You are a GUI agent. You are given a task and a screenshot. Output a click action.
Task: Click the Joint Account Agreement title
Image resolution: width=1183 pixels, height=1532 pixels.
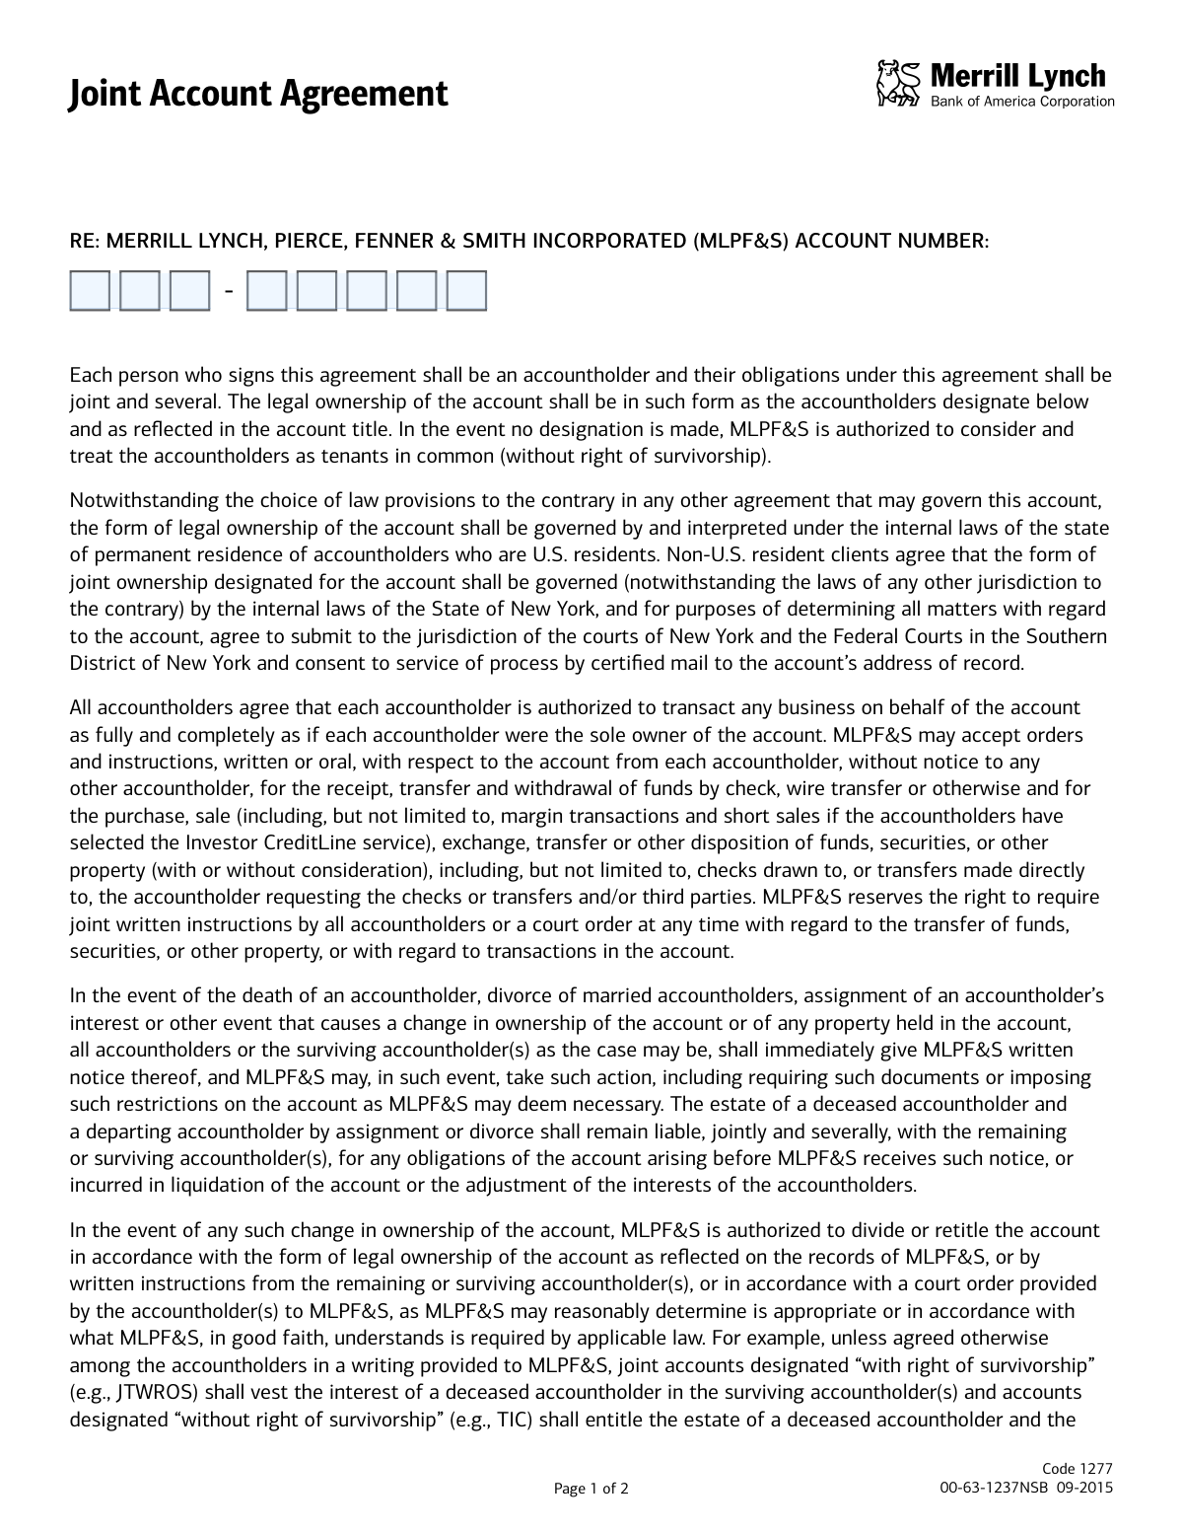coord(258,94)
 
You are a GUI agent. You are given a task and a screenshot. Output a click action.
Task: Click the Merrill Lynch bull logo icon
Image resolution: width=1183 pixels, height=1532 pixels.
coord(897,83)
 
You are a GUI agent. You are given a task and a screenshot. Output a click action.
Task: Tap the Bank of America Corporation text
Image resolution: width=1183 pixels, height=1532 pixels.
coord(1022,102)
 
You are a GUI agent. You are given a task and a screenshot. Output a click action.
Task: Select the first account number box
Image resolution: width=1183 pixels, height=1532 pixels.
coord(90,291)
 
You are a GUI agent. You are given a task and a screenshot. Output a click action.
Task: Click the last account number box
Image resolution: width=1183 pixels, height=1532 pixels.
coord(466,291)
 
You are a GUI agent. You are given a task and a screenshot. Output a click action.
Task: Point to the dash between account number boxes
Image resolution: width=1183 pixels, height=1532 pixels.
coord(229,291)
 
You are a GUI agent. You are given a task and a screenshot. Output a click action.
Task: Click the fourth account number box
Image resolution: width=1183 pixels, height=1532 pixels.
coord(266,291)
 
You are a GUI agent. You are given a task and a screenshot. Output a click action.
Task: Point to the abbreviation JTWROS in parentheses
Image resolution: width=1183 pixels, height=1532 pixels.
coord(146,1393)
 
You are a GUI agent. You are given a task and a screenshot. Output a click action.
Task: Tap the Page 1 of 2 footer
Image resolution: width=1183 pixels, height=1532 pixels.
coord(591,1489)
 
